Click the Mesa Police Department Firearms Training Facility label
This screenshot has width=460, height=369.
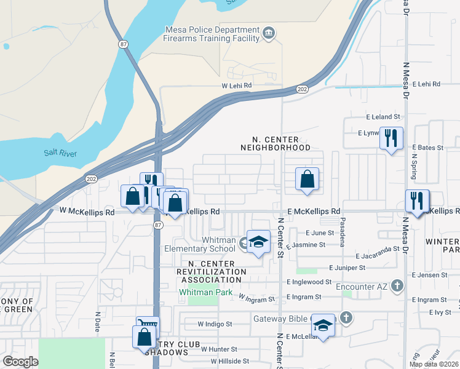pos(212,34)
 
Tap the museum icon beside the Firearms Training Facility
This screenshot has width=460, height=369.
pos(268,33)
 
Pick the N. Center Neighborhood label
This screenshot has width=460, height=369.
pos(275,143)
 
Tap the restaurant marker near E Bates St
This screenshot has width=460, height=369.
pos(391,139)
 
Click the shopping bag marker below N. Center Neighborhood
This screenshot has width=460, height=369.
pos(307,179)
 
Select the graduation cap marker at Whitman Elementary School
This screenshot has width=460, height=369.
pos(259,242)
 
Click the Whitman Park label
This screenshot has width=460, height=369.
pos(205,292)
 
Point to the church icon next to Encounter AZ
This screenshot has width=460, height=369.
pos(397,285)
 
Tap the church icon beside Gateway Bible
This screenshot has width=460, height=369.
pos(346,318)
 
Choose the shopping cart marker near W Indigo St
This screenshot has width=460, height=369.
pos(148,327)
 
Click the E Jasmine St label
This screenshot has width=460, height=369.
pos(323,245)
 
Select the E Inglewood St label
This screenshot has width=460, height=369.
pos(309,282)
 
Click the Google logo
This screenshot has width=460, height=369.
pos(20,362)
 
